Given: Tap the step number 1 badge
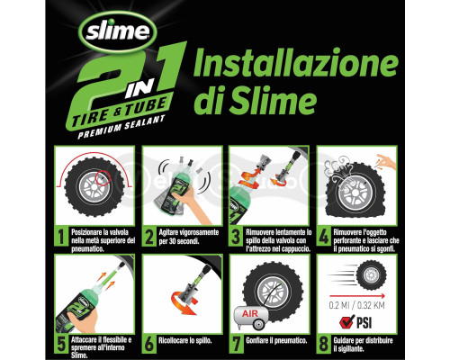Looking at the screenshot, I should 59,235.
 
